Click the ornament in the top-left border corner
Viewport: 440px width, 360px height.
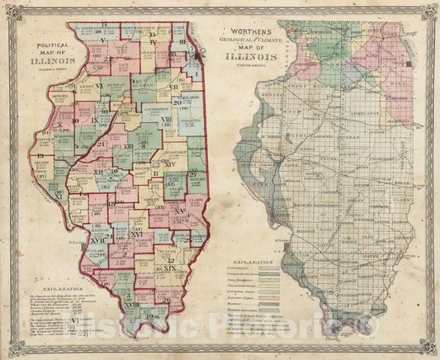[8, 8]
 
